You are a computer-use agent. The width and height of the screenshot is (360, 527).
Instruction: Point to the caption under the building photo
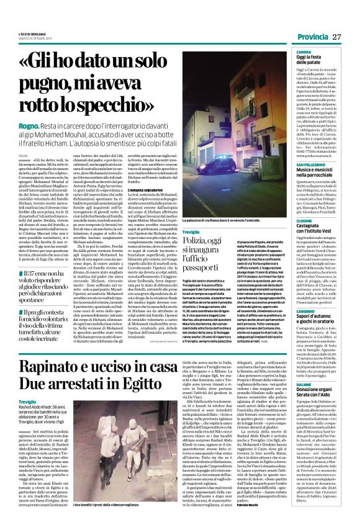click(234, 221)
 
